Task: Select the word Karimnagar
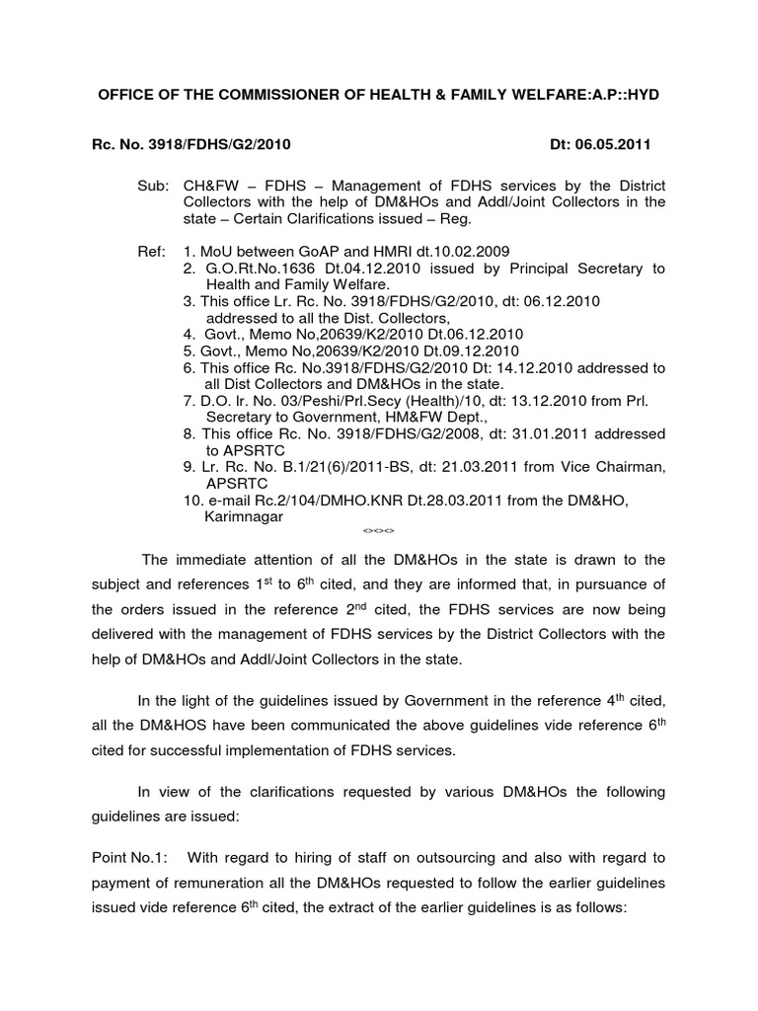(x=244, y=516)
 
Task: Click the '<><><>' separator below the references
(x=379, y=531)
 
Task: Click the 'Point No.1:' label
(x=132, y=853)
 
